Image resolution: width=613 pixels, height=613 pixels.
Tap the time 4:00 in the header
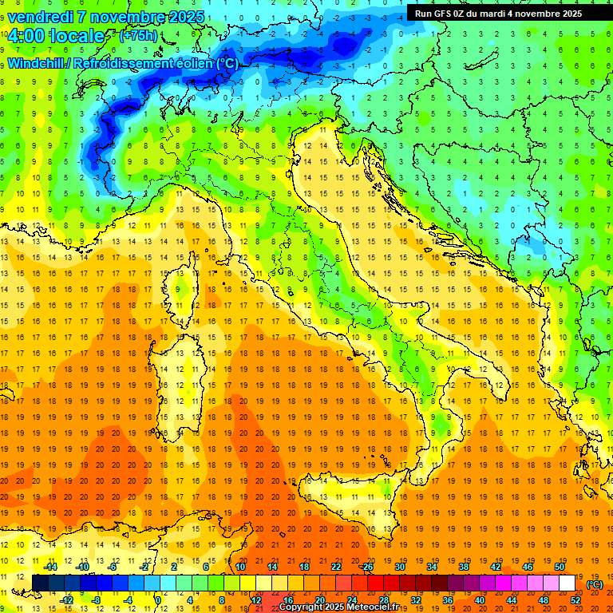29,36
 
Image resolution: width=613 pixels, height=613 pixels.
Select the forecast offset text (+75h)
138,36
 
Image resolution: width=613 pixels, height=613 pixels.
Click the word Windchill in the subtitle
37,63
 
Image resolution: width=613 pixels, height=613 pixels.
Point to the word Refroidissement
124,63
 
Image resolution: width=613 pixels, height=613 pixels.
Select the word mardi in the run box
502,14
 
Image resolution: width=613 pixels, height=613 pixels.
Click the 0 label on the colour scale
158,599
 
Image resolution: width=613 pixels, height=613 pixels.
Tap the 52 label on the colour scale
575,599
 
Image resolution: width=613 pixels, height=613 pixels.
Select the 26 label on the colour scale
367,567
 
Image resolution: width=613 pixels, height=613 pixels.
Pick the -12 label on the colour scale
67,599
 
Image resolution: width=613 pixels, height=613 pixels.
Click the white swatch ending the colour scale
567,583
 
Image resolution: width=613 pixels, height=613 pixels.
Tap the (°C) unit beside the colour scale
595,583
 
